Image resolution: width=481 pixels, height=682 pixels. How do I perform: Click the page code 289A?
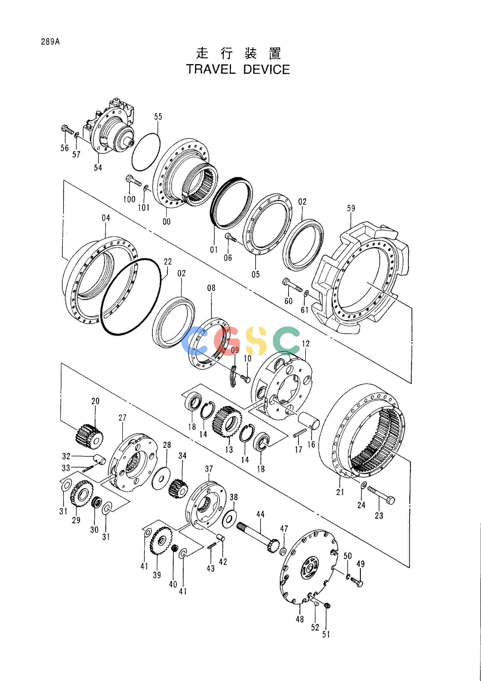pos(51,42)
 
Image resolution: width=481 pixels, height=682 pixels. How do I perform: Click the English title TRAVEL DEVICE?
pos(238,69)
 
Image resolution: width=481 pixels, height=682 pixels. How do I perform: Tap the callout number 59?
pos(351,208)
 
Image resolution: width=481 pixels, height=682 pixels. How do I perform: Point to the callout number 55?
pos(158,117)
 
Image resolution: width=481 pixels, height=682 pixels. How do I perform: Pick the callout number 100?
pos(129,199)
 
